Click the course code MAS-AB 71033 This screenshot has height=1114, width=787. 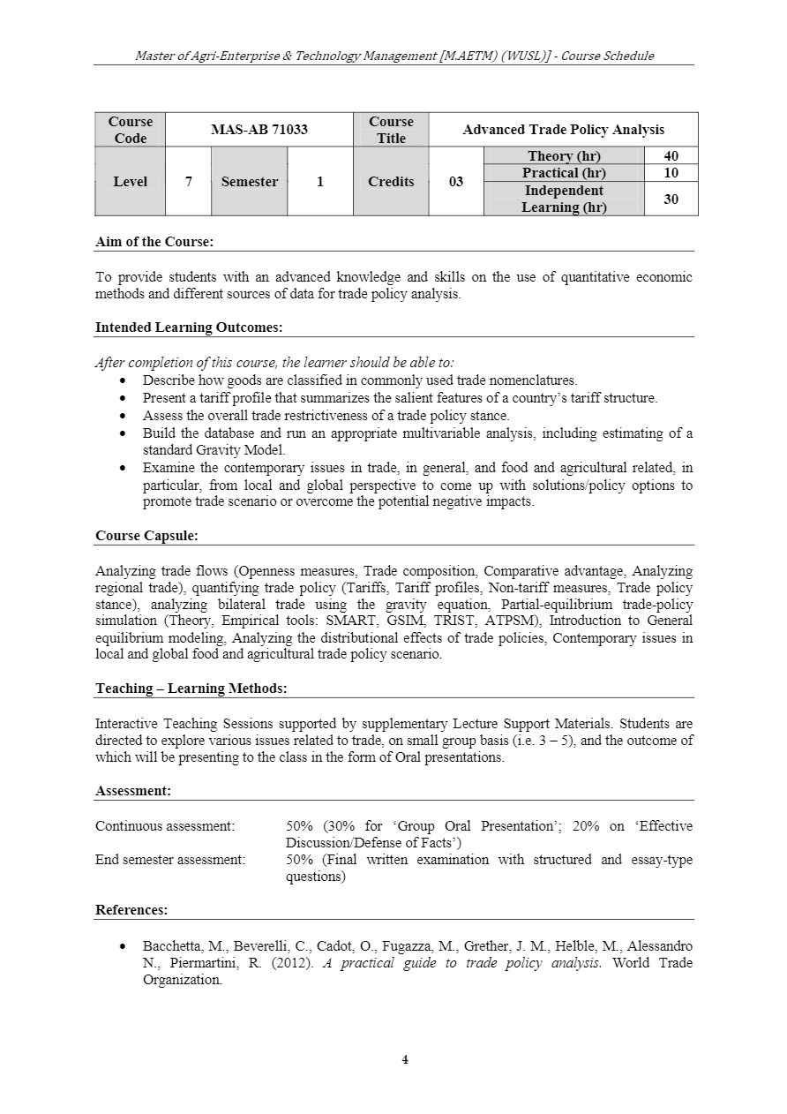(259, 130)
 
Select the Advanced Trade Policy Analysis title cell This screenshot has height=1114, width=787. (563, 130)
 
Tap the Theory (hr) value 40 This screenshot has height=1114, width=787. (671, 156)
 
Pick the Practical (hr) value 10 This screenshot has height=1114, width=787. (671, 173)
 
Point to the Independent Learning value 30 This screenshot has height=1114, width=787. (671, 199)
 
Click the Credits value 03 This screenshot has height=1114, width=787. (455, 182)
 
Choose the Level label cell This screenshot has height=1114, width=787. (130, 182)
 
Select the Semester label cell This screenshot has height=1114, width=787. (249, 182)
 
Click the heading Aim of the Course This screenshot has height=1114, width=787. (154, 241)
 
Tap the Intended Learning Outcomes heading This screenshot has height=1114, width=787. (189, 327)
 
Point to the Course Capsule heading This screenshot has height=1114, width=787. (146, 535)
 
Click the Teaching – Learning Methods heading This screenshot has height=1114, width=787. (191, 689)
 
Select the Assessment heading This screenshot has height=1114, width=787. (133, 791)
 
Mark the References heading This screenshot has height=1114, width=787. (131, 910)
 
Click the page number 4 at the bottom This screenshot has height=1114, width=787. (405, 1060)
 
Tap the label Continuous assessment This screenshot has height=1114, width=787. (165, 826)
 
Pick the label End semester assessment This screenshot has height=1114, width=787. (170, 860)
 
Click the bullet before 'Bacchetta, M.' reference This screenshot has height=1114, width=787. (123, 946)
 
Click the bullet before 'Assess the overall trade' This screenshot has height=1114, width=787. (123, 416)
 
